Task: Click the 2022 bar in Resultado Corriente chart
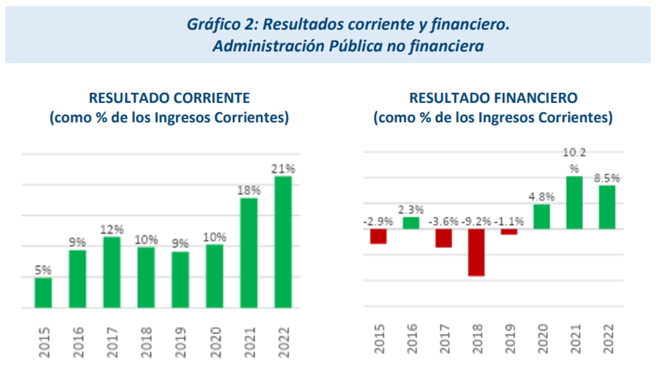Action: coord(283,241)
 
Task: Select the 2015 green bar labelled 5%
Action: coord(43,292)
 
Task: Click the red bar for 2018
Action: coord(476,252)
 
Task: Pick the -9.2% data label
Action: coord(477,221)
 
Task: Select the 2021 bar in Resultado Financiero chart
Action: coord(574,202)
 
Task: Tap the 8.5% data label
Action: coord(606,178)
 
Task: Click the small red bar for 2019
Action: coord(509,232)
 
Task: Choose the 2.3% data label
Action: coord(411,210)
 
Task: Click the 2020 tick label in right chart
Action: coord(542,339)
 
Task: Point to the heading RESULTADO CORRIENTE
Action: coord(169,98)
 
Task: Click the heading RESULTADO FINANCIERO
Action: coord(493,98)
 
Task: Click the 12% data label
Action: coord(112,229)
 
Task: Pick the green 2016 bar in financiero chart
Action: coord(411,223)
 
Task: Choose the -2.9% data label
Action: coord(378,221)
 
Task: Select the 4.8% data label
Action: coord(542,197)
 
